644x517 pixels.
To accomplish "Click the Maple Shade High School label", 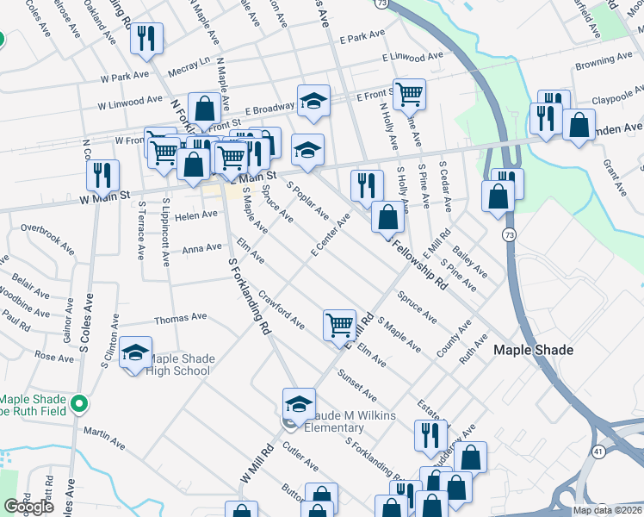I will pos(179,365).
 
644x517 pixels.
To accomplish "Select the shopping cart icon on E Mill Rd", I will pos(339,324).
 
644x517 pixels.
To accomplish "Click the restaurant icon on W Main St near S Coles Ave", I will pos(103,175).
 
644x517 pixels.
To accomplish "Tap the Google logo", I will pos(29,507).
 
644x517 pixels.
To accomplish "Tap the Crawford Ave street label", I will pos(281,310).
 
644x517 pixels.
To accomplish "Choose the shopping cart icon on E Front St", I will pos(409,93).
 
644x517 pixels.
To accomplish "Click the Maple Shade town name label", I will pos(533,351).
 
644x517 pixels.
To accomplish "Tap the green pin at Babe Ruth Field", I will pos(79,402).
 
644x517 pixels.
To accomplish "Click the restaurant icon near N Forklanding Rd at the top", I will pos(146,39).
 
